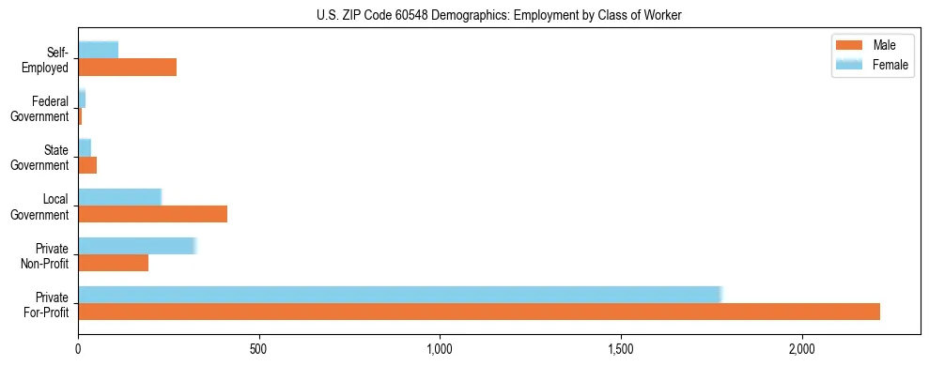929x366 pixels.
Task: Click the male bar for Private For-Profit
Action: pos(479,312)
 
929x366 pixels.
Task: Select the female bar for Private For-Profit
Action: pos(399,295)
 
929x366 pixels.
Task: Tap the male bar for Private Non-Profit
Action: pos(114,263)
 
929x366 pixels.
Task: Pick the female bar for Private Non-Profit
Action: pos(136,246)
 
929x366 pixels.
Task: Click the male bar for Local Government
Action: pos(153,214)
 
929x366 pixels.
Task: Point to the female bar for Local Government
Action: pos(120,197)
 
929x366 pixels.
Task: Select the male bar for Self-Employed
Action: pos(128,68)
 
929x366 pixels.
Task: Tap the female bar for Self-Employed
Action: pos(99,50)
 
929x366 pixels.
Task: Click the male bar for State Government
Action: pos(87,165)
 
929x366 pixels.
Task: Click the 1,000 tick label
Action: pos(441,349)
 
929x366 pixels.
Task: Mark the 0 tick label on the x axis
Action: pos(78,349)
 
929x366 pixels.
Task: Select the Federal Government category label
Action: pos(40,109)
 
